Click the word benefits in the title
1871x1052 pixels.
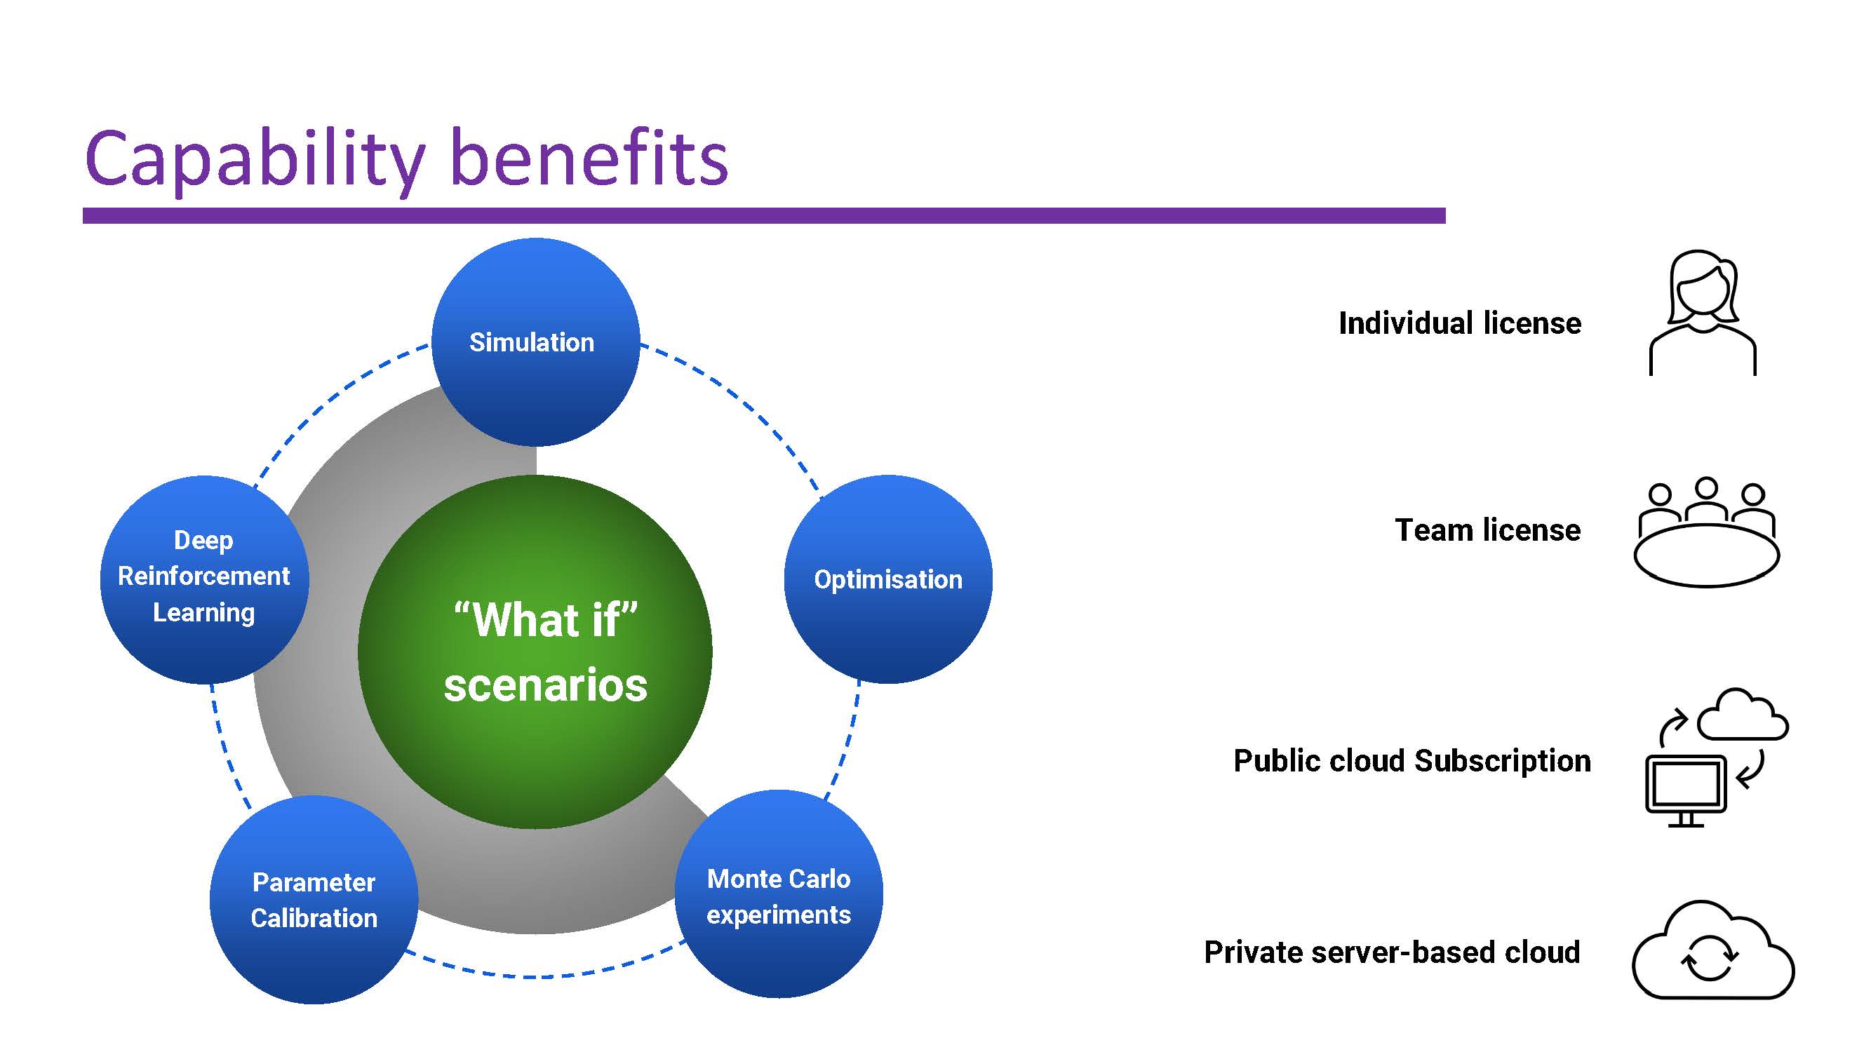click(589, 159)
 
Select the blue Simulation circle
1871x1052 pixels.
click(535, 342)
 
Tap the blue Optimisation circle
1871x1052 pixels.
click(887, 579)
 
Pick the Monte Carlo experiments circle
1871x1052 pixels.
click(779, 894)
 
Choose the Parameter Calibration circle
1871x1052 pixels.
click(314, 900)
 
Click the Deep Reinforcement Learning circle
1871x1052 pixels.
click(204, 579)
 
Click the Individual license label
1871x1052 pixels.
click(1459, 323)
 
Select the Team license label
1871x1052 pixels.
click(1487, 530)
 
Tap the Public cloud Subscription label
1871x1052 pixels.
click(1412, 761)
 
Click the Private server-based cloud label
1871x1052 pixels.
click(1392, 952)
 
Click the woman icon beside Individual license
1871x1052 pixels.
click(1702, 313)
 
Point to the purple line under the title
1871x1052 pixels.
click(763, 215)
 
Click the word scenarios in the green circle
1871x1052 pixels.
click(546, 685)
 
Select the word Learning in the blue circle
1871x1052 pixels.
click(204, 613)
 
